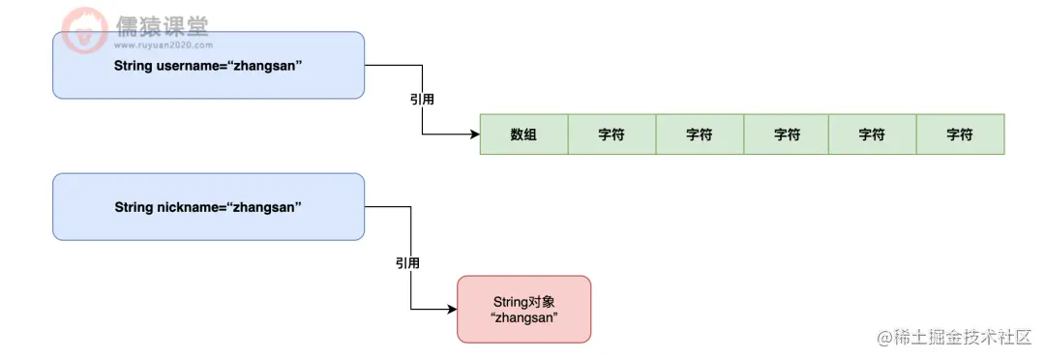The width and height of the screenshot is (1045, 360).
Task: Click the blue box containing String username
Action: tap(208, 65)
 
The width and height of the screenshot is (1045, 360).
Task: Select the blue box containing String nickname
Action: tap(208, 206)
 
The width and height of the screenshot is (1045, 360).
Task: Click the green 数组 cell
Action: tap(523, 135)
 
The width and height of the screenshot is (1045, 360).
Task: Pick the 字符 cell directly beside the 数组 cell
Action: tap(611, 135)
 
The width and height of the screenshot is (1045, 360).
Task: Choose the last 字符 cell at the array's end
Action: tap(960, 135)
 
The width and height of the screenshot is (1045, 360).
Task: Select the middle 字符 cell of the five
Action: tap(787, 135)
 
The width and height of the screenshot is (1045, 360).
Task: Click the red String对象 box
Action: tap(523, 309)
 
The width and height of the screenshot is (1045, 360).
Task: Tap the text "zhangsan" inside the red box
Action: tap(523, 318)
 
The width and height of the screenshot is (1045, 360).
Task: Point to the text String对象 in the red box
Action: tap(523, 302)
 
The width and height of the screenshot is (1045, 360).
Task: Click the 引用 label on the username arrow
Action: tap(422, 99)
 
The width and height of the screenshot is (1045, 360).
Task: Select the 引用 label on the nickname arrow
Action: tap(408, 262)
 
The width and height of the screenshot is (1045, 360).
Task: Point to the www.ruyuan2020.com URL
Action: tap(163, 44)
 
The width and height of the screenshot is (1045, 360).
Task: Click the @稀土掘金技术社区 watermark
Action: tap(955, 337)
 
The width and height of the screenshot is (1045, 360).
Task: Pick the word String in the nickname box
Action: tap(134, 207)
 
